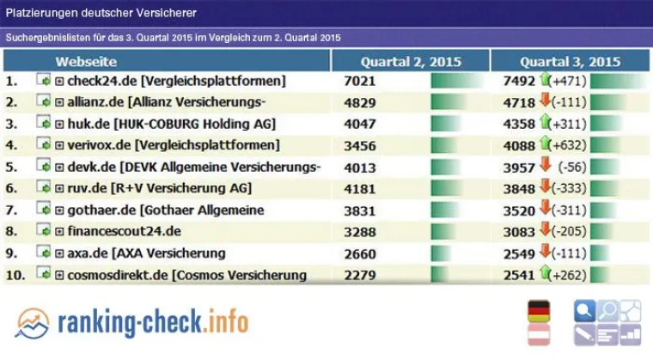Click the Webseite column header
86,62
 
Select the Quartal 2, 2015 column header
411,62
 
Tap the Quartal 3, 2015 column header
570,62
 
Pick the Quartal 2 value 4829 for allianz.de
361,102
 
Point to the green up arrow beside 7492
544,80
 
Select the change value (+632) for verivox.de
569,145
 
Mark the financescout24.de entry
124,231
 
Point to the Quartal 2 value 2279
361,275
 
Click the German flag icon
539,310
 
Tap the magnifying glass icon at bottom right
584,311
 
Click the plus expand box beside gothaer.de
59,211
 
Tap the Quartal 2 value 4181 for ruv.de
361,188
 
